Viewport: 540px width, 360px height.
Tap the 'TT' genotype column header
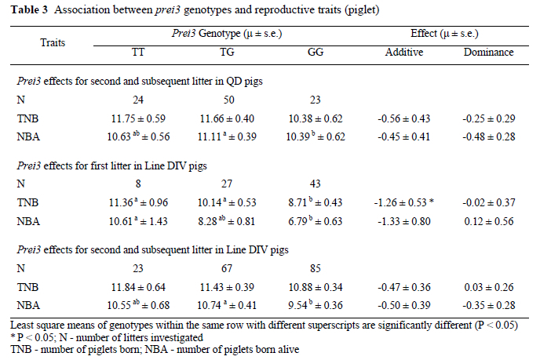[138, 53]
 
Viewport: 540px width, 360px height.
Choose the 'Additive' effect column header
[405, 53]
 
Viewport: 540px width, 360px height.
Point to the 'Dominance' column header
[488, 53]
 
